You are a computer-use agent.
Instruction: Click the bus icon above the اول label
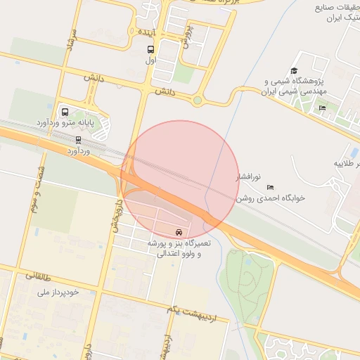[150, 49]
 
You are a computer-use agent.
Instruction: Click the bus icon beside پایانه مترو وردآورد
[65, 112]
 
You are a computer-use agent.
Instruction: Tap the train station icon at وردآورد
[78, 139]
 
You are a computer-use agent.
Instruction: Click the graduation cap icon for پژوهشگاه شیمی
[293, 71]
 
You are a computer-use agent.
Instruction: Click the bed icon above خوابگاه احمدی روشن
[271, 187]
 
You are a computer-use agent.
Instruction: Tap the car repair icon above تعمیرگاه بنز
[180, 231]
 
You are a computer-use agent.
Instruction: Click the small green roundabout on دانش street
[198, 101]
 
